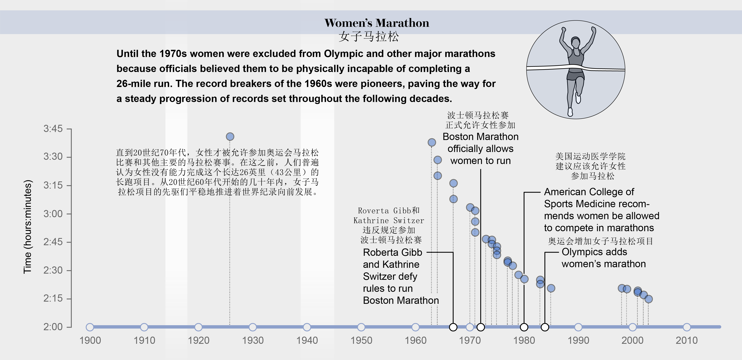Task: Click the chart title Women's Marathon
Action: click(377, 23)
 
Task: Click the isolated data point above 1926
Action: click(230, 137)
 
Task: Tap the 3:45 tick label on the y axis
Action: click(53, 129)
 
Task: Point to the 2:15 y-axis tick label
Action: click(53, 298)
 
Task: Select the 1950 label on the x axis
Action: click(361, 340)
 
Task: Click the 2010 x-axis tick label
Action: click(687, 340)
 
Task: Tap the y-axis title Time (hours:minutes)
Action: click(28, 227)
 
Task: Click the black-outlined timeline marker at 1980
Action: click(524, 327)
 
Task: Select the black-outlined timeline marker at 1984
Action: click(545, 327)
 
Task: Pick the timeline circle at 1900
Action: click(90, 327)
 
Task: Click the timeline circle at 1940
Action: click(307, 327)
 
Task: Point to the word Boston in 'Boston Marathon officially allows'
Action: click(457, 137)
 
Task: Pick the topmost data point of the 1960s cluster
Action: click(431, 142)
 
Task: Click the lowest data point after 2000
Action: click(648, 299)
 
